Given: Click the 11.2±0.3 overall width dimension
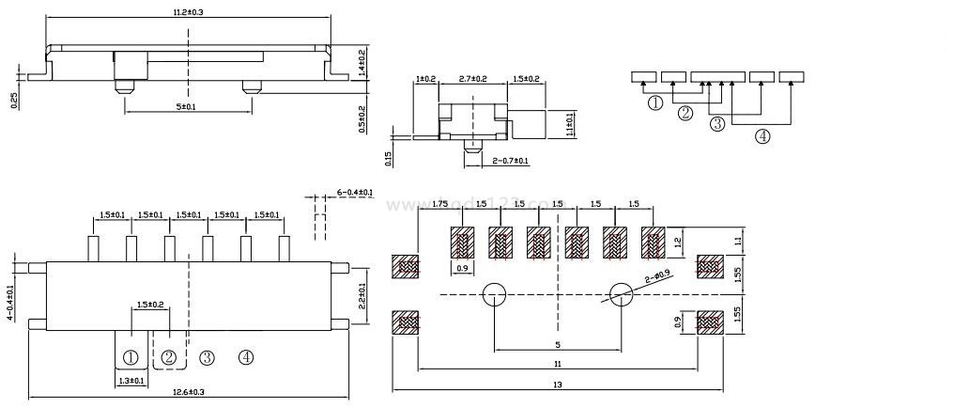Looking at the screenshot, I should tap(189, 11).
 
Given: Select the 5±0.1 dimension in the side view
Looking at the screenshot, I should tap(186, 107).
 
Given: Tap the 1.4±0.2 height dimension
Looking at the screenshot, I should tap(362, 64).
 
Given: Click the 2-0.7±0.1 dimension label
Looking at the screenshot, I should tap(510, 161).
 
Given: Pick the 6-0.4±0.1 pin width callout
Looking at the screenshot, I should tap(355, 193).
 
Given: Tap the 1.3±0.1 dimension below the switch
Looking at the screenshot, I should tap(131, 381).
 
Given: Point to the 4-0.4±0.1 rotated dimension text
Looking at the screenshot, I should tap(10, 303).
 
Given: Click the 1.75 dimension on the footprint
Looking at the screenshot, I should tap(439, 204).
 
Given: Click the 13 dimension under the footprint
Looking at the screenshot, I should tap(558, 384).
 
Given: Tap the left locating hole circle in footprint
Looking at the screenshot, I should tap(495, 295).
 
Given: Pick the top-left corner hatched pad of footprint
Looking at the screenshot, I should tap(408, 266).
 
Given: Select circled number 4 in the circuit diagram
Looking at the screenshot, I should tap(762, 136).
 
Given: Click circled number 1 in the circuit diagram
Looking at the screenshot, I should tap(655, 102).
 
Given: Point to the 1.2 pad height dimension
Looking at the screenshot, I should tap(678, 243).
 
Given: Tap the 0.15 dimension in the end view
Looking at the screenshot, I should tap(386, 158).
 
